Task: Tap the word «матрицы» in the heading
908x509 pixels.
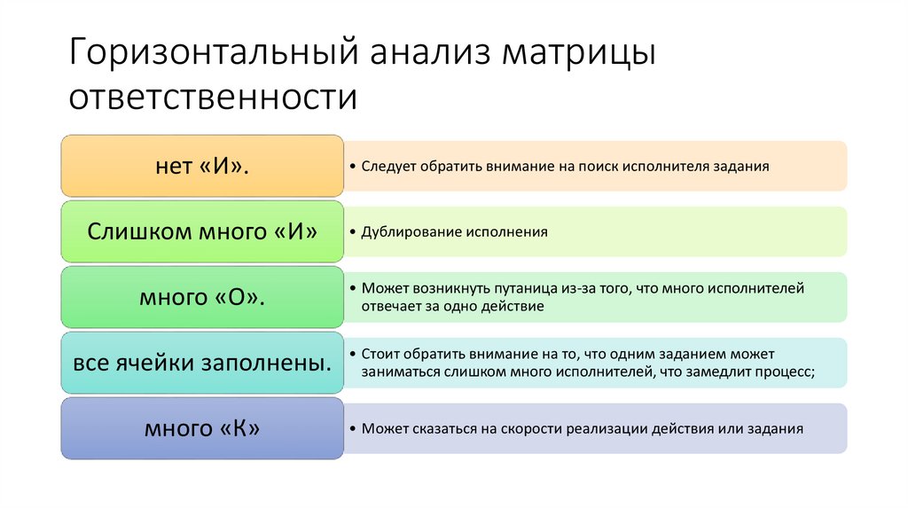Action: coord(580,55)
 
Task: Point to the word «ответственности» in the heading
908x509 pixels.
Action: coord(214,97)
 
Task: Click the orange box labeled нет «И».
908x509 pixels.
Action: coord(202,166)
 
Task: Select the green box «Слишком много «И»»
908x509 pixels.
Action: coord(202,231)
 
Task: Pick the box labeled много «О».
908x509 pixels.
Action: coord(202,297)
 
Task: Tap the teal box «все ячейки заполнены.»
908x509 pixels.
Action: coord(202,363)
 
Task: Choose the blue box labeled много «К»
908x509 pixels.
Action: coord(202,428)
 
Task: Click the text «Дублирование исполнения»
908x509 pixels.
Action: coord(455,231)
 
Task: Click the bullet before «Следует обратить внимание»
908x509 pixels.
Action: coord(354,166)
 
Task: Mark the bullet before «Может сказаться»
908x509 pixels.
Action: coord(354,428)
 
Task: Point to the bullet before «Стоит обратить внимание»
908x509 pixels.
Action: coord(354,355)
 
